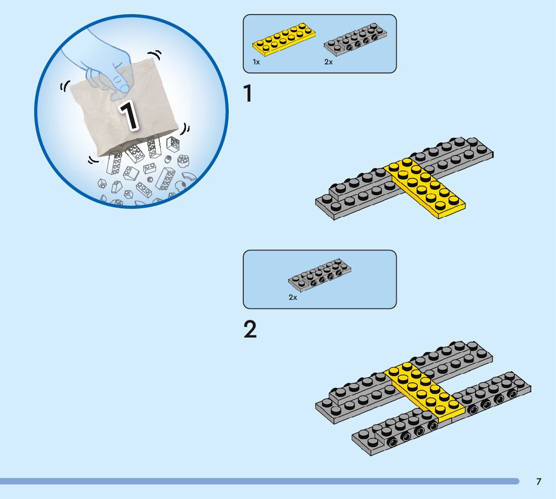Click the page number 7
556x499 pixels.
539,482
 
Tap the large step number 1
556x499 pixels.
248,94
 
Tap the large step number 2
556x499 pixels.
250,329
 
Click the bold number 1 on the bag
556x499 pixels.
128,116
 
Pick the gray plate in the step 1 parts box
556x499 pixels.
355,39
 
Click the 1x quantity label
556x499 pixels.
256,62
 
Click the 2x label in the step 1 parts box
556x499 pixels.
328,62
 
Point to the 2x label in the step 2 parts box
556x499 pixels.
293,297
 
